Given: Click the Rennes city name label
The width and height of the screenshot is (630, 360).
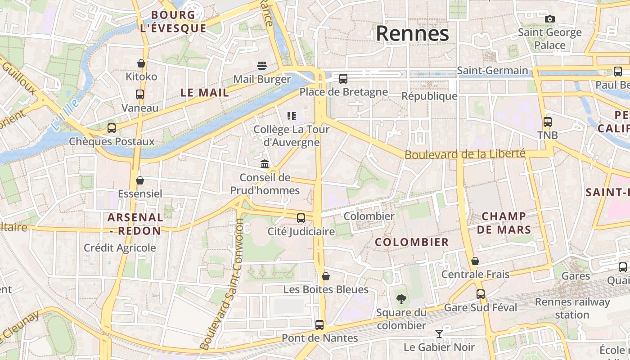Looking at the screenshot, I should (x=412, y=34).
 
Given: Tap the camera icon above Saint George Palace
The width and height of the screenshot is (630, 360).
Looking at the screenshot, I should (x=549, y=19).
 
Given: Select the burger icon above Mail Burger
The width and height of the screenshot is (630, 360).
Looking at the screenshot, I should (x=262, y=66).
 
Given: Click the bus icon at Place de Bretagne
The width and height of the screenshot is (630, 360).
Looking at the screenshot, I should (x=343, y=79).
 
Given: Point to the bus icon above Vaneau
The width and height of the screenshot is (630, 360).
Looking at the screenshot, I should (x=140, y=94).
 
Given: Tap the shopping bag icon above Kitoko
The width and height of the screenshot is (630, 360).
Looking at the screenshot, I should (x=141, y=63).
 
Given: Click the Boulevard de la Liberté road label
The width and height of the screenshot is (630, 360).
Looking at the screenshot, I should (x=465, y=154).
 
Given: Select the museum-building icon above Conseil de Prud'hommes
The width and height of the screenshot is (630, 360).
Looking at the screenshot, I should (x=265, y=164).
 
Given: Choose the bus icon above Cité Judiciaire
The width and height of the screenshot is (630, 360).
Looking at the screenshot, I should (x=301, y=218).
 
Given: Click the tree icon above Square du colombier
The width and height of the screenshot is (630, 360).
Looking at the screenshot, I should (x=401, y=299).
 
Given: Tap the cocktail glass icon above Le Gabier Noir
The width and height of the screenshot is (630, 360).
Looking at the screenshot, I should (x=439, y=334).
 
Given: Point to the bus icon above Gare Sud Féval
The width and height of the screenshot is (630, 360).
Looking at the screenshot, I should (x=481, y=294).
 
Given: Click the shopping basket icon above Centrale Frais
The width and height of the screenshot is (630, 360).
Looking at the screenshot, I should (x=475, y=261).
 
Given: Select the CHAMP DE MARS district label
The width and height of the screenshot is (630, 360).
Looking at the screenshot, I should (x=504, y=223).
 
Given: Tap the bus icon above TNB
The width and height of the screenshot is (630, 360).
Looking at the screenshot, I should (x=548, y=122).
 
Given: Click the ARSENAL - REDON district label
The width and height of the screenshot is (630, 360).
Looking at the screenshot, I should (x=135, y=224).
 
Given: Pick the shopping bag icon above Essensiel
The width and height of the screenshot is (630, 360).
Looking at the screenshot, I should (x=140, y=180).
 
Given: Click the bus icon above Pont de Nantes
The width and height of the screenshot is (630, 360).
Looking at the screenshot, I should (x=319, y=324).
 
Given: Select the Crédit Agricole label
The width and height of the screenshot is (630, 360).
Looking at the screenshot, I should (x=120, y=248).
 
